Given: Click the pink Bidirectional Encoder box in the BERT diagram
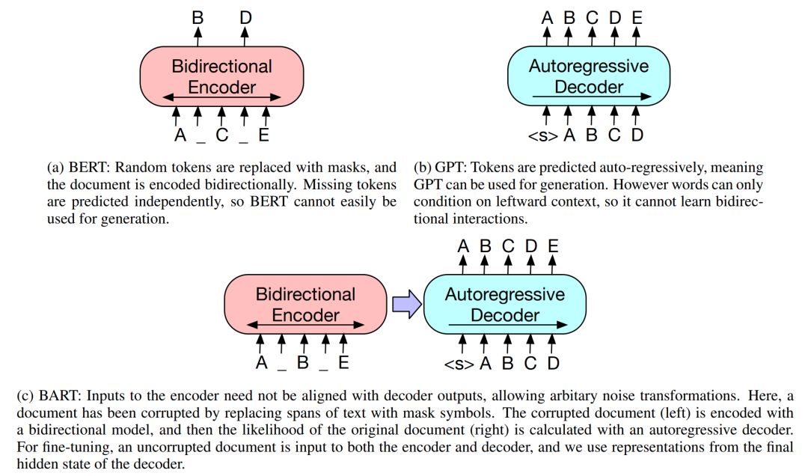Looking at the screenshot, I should click(x=221, y=76).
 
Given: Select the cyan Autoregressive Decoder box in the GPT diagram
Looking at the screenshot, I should click(x=588, y=76).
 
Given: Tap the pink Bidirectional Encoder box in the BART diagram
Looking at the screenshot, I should click(x=305, y=304).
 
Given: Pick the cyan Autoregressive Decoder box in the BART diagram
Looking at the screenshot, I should click(x=504, y=304).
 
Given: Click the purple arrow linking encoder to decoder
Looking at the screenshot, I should click(x=407, y=305).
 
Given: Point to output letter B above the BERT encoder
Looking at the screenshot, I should click(x=198, y=15).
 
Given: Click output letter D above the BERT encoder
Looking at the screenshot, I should click(x=245, y=15).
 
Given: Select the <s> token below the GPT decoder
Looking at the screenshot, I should click(x=543, y=135).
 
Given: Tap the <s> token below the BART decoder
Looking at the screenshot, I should click(x=459, y=364).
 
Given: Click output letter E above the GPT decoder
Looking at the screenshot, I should click(x=637, y=15).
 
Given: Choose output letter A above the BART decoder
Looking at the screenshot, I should click(x=463, y=244).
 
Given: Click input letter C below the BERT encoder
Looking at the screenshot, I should click(x=221, y=135).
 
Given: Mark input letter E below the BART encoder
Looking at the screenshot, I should click(x=343, y=364).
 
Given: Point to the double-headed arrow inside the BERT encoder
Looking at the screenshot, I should click(x=221, y=97).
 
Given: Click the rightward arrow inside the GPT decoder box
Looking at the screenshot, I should click(x=588, y=97).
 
